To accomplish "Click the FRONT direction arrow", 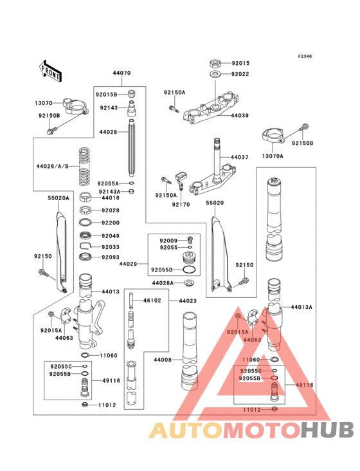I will pos(51,69).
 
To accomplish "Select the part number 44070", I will pos(122,74).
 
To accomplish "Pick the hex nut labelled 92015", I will pos(217,63).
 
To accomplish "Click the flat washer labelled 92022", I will pos(217,75).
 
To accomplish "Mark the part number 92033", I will pos(110,246).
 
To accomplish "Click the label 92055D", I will pos(162,270).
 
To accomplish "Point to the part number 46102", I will pos(152,300).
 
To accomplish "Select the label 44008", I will pos(162,360).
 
